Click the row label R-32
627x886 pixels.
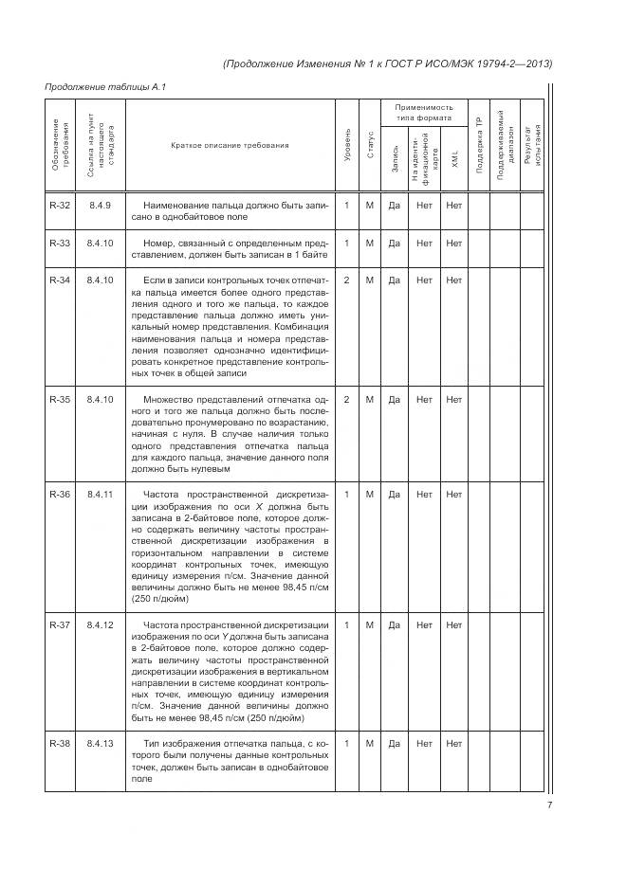59,206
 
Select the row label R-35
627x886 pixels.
59,400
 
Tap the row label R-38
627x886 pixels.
59,743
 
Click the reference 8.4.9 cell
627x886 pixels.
100,206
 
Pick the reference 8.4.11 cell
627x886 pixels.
100,495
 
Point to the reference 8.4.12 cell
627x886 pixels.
100,624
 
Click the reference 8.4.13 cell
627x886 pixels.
100,743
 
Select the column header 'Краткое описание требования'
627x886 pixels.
230,145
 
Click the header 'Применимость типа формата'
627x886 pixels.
424,114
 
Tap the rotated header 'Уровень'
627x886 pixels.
347,145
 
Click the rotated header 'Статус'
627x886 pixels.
370,145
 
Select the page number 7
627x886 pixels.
549,806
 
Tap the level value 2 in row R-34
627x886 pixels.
347,280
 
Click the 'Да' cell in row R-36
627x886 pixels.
394,495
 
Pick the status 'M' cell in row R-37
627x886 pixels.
370,624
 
